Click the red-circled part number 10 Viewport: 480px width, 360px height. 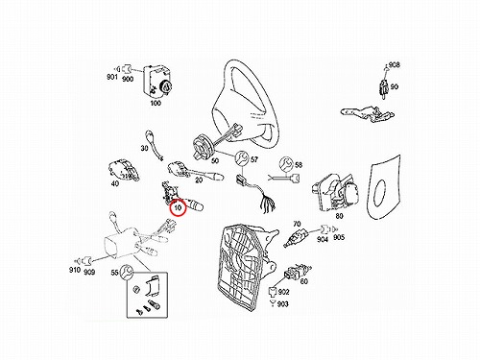(x=178, y=207)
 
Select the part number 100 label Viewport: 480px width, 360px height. (x=156, y=103)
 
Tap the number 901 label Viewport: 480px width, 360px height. (x=112, y=77)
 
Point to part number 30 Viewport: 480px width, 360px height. (x=144, y=148)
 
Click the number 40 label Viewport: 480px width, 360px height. (x=115, y=183)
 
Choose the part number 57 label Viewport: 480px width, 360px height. (x=254, y=159)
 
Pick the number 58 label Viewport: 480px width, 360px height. (x=299, y=165)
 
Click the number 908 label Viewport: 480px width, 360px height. (x=395, y=65)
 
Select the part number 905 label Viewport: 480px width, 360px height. (x=339, y=237)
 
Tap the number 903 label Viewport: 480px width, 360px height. (x=282, y=303)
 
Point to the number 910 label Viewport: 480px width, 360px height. (x=75, y=270)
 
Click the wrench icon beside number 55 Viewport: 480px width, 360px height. (x=127, y=272)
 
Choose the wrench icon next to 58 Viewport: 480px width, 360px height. (x=286, y=164)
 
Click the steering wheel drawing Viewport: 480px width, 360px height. (x=244, y=105)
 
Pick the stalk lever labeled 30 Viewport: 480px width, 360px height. (x=155, y=145)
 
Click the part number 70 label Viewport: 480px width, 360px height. (x=297, y=224)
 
